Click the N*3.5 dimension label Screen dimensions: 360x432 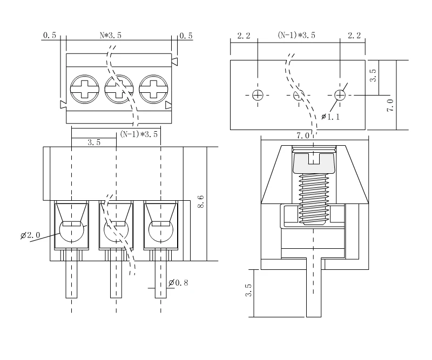111,36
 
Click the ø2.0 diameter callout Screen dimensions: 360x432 30,236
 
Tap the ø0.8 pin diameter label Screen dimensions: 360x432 178,283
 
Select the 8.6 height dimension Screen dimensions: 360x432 201,202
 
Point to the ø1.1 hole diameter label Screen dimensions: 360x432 330,117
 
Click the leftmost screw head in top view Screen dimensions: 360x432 83,89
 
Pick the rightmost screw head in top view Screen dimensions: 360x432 152,89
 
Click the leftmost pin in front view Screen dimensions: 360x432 71,279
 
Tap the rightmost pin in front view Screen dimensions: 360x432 160,279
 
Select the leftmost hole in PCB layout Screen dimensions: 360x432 258,96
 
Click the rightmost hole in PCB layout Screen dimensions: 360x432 339,96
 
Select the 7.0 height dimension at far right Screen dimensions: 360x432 390,104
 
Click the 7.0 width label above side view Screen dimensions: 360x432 302,135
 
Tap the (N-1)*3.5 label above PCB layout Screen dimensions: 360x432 296,36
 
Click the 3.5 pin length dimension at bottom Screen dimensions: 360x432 248,292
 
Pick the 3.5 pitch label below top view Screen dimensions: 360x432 94,143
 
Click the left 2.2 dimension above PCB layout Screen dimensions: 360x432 244,36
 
